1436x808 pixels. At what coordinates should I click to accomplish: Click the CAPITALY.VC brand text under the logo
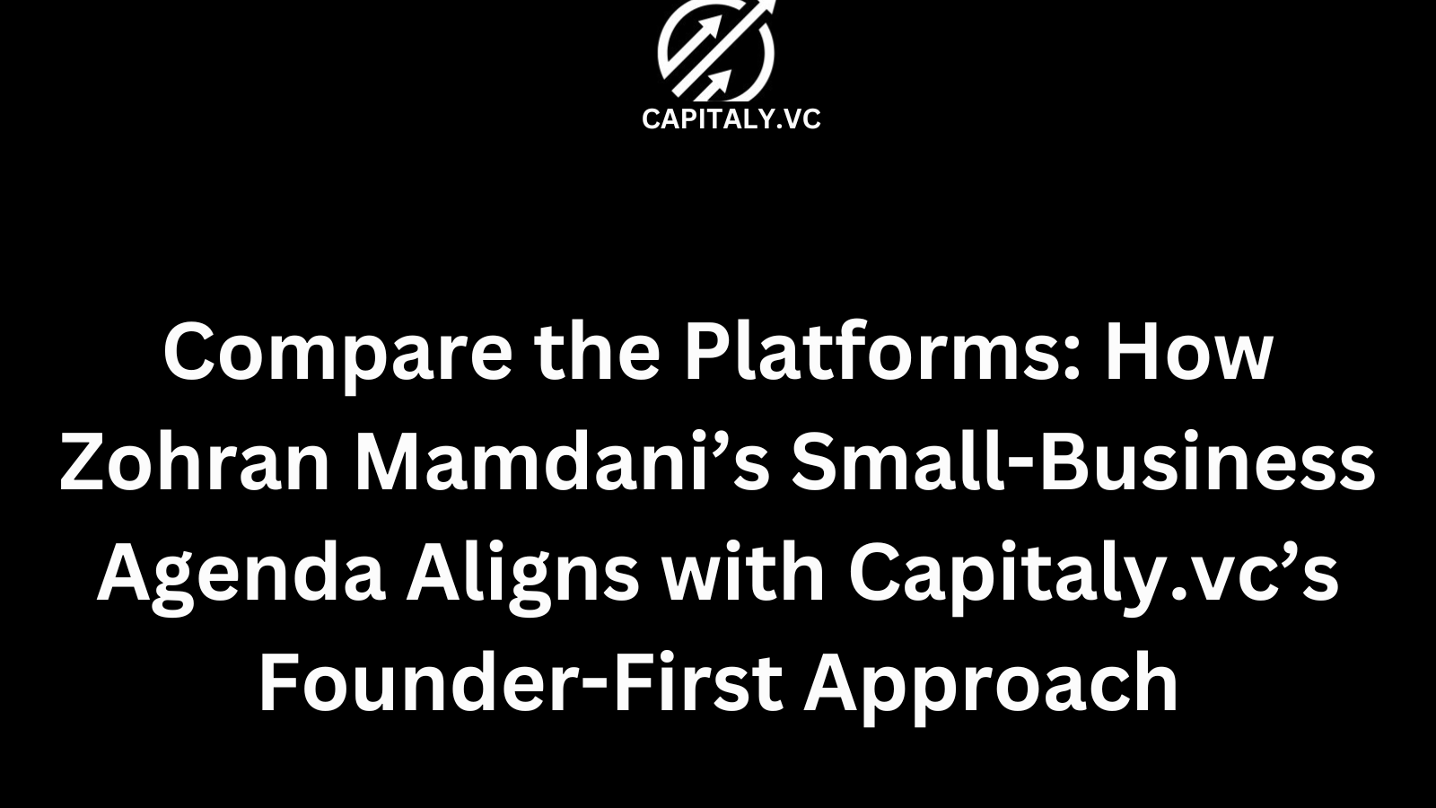tap(731, 119)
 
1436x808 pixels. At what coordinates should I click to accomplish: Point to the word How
tap(1188, 351)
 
